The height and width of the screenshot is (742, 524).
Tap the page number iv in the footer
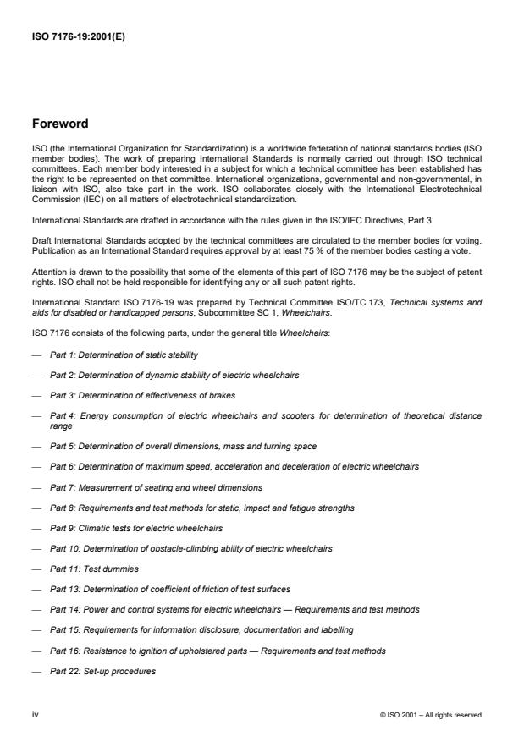(35, 715)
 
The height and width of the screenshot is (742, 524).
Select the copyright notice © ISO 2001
(431, 715)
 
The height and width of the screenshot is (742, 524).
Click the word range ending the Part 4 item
(61, 427)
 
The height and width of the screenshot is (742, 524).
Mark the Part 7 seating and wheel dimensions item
(156, 487)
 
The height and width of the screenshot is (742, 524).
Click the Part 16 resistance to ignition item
(218, 651)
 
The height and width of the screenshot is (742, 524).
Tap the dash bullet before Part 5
(36, 446)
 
